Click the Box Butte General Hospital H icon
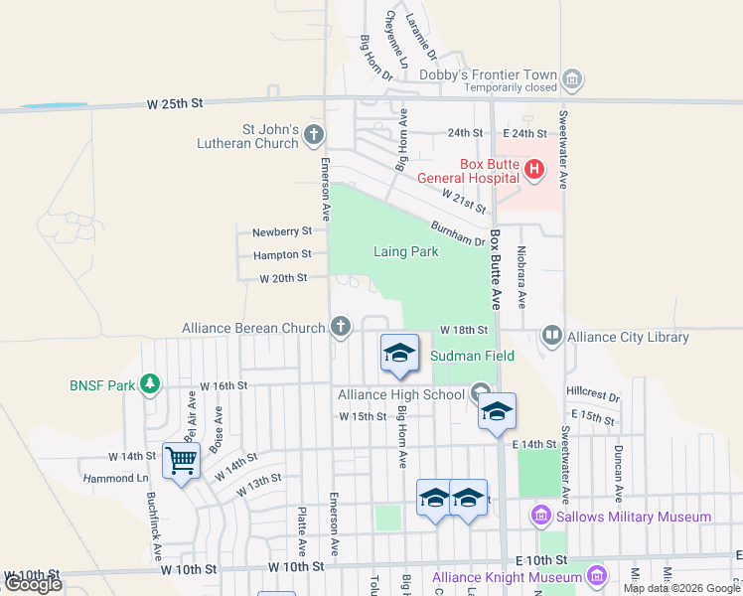tap(534, 169)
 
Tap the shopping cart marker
tap(182, 460)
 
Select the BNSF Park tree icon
tap(149, 383)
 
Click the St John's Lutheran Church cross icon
tap(314, 134)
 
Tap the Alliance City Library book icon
tap(551, 336)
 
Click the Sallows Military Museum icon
tap(540, 516)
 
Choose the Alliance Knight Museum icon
tap(595, 575)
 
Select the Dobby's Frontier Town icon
tap(571, 78)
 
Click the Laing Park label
tap(405, 251)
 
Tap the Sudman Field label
tap(471, 356)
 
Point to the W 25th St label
tap(174, 102)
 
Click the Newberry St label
tap(282, 231)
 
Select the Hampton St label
tap(282, 255)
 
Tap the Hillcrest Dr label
tap(593, 394)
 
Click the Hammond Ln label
tap(137, 478)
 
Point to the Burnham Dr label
tap(457, 233)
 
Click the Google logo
tap(33, 584)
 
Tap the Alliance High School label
tap(401, 394)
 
